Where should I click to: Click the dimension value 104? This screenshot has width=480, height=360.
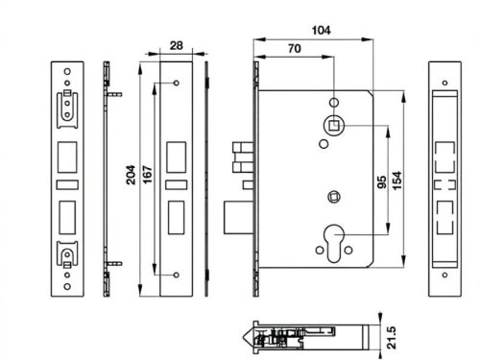(321, 31)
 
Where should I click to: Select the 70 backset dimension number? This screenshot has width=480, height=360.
(295, 49)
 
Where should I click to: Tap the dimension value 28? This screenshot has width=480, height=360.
(177, 45)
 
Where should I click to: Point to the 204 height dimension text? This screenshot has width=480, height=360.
(131, 175)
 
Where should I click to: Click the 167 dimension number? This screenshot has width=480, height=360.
(147, 175)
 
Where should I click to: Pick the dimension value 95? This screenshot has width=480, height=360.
(382, 182)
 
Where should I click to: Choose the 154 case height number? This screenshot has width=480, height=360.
(396, 180)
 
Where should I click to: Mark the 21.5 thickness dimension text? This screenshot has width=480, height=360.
(391, 337)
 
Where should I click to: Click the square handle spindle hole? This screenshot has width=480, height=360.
(334, 125)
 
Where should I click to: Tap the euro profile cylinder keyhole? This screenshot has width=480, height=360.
(334, 242)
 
